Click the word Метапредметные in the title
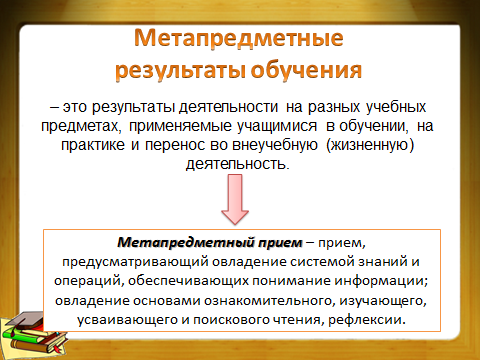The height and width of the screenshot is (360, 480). [239, 38]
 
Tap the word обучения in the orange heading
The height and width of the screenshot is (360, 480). [306, 70]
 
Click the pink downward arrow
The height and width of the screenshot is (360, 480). [235, 199]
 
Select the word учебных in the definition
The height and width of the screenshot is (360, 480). [396, 107]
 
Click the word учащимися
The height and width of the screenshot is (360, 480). [277, 126]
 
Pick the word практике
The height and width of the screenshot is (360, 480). [93, 145]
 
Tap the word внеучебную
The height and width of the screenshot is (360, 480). [275, 145]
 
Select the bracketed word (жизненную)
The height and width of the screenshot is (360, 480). [370, 145]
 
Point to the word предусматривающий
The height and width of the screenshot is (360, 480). [135, 262]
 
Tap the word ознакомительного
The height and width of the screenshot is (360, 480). [269, 300]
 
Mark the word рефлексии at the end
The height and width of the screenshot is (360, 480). [367, 320]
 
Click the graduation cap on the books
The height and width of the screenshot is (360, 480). [27, 320]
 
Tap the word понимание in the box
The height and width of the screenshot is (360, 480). [291, 281]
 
